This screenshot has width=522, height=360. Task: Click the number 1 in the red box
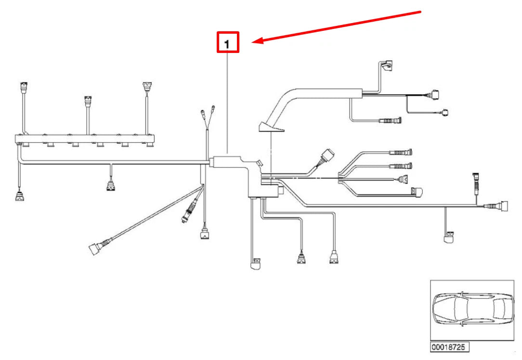(227, 44)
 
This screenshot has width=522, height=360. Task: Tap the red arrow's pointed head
(252, 41)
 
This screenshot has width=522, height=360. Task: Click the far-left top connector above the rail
(24, 88)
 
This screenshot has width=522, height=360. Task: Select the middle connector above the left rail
(88, 101)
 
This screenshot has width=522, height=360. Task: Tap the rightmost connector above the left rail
(147, 87)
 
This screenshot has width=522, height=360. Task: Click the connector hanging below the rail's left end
(20, 195)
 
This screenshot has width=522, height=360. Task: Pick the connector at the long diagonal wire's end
(94, 249)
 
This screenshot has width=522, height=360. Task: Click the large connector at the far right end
(503, 206)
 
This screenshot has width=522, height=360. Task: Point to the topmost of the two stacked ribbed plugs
(401, 153)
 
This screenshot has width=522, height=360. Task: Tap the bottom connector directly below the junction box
(256, 264)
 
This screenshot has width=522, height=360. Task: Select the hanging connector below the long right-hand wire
(449, 237)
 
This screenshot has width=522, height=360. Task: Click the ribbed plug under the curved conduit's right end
(390, 120)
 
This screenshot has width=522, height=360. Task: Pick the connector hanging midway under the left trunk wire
(111, 186)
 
